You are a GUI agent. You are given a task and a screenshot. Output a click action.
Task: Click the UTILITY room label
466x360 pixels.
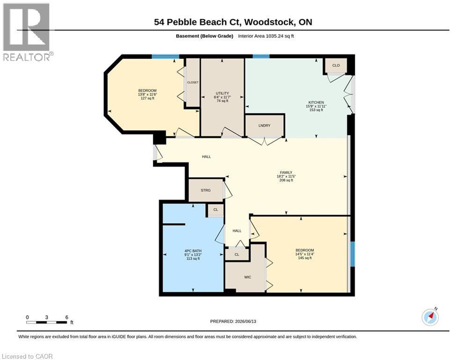coord(222,93)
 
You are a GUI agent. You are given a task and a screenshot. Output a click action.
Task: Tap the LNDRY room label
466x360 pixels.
coord(265,126)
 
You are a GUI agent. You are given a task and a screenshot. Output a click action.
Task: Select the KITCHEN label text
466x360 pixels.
coord(316,102)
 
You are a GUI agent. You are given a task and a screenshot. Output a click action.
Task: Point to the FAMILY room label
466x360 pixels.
coord(286,172)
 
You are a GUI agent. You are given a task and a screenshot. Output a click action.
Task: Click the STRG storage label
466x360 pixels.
coord(206,190)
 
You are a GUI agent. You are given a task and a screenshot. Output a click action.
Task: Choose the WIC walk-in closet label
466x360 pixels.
coord(248,277)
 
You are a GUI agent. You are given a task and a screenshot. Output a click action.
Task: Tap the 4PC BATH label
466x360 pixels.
coord(193,251)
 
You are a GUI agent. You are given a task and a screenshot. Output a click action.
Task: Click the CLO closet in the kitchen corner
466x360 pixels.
coord(336,66)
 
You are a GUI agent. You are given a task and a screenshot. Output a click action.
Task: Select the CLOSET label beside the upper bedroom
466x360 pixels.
coord(193,82)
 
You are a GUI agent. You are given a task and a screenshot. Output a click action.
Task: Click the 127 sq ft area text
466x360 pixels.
coord(148,98)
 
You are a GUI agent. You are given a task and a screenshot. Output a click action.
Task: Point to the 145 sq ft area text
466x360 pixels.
coord(304,258)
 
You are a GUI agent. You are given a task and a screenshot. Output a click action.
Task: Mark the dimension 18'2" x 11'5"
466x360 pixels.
coord(286,176)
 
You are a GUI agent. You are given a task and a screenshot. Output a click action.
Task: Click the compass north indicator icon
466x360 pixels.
coord(430,317)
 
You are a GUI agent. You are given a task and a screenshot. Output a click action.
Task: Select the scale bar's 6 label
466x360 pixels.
coord(67,317)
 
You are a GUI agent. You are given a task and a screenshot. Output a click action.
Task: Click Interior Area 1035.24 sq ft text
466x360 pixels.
coord(266,36)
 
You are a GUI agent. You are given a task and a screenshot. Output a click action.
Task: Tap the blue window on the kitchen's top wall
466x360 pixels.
coord(261,56)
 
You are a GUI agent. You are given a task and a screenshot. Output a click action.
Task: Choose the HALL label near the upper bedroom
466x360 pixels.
coord(206,157)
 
